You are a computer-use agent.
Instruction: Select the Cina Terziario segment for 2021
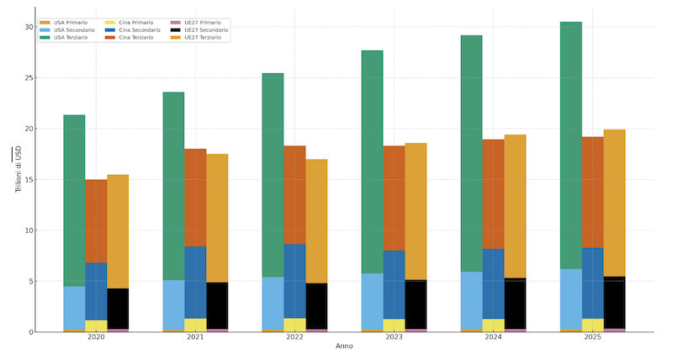point(195,198)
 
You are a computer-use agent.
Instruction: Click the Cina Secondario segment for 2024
point(493,283)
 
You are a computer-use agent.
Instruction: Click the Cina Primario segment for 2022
point(294,325)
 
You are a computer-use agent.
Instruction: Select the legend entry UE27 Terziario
point(203,38)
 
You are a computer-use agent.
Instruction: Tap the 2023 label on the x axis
point(394,337)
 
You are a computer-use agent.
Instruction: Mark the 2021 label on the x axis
point(195,337)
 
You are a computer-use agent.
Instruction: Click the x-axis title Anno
point(344,347)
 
